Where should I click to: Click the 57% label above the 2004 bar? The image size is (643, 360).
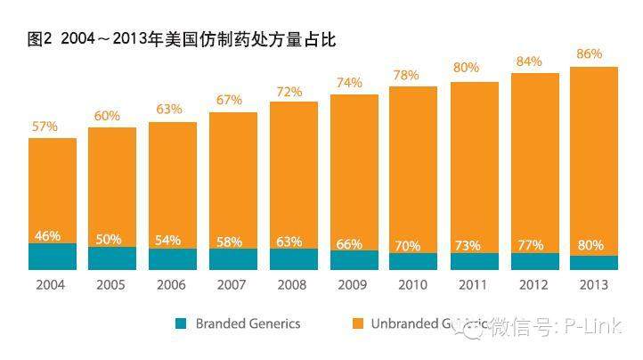(46, 127)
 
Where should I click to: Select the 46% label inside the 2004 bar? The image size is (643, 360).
(47, 236)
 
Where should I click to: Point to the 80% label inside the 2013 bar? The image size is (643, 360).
(590, 245)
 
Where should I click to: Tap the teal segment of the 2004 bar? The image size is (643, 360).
(53, 257)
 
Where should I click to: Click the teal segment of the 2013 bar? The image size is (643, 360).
(594, 263)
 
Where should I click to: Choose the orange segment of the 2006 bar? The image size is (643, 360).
(173, 178)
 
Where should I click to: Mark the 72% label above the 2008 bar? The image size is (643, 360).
(289, 91)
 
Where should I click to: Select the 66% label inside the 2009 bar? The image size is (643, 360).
(349, 243)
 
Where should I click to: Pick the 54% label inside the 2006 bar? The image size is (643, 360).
(167, 241)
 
